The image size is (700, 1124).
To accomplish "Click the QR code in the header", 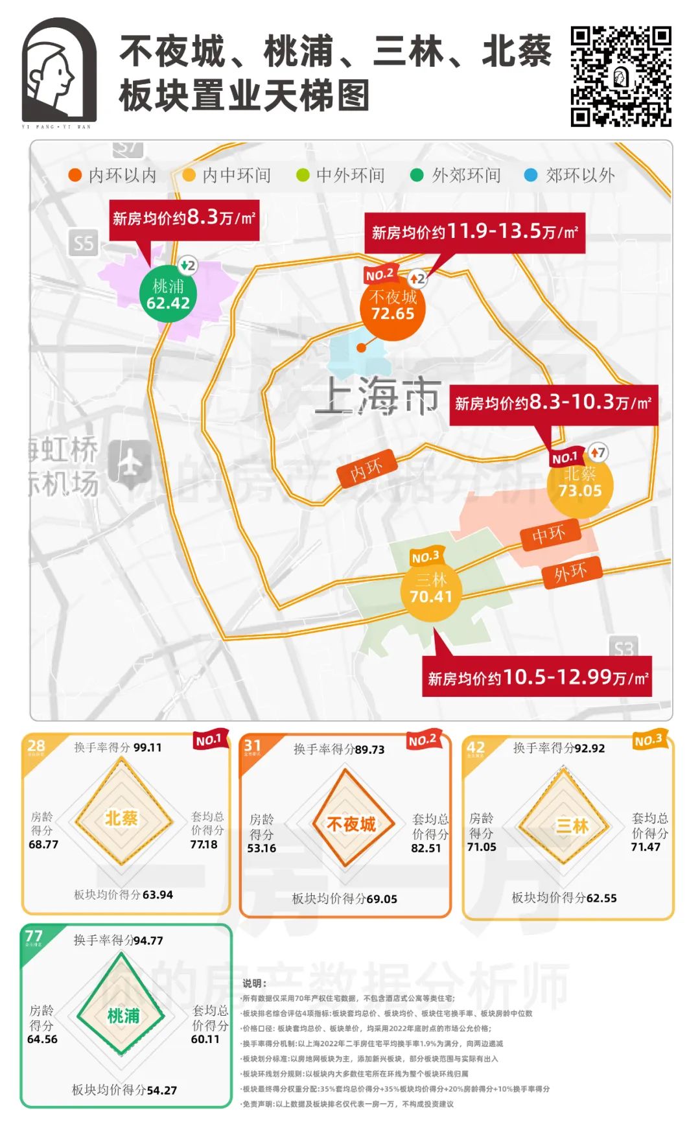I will tap(620, 76).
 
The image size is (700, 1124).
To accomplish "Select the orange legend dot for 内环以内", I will tap(75, 175).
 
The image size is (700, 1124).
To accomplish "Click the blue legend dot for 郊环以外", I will tap(530, 175).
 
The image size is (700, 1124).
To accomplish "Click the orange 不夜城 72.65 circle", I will tap(393, 307).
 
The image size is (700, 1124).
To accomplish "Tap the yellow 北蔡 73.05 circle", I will tap(579, 484).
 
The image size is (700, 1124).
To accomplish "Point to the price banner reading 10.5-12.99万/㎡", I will tap(537, 678).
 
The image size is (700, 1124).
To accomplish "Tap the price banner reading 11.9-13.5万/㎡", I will tap(474, 232).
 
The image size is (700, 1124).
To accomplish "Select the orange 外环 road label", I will tap(570, 572).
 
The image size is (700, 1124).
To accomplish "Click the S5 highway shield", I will tap(84, 244).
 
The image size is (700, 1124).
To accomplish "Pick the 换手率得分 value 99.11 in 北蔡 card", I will tap(147, 747).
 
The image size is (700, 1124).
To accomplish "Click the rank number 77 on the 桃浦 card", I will tap(33, 937).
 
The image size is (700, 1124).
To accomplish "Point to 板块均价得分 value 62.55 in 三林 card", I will tap(601, 898).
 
